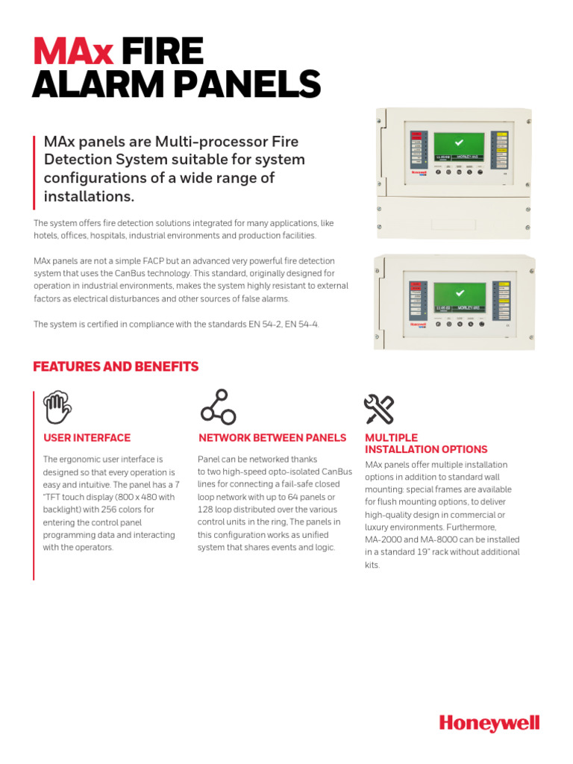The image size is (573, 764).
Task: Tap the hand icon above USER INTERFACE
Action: tap(57, 407)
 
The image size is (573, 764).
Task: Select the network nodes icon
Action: tap(217, 407)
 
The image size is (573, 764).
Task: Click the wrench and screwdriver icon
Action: tap(378, 408)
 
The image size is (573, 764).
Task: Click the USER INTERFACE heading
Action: tap(87, 438)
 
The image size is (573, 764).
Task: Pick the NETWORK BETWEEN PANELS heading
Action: tap(272, 438)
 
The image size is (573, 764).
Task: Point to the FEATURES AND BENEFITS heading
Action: tap(116, 366)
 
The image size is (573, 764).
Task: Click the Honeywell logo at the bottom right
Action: tap(489, 723)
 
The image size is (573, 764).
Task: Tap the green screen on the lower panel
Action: tap(458, 296)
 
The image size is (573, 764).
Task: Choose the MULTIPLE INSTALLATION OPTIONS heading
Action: tap(425, 443)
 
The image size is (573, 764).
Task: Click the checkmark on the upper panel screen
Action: tap(458, 142)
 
